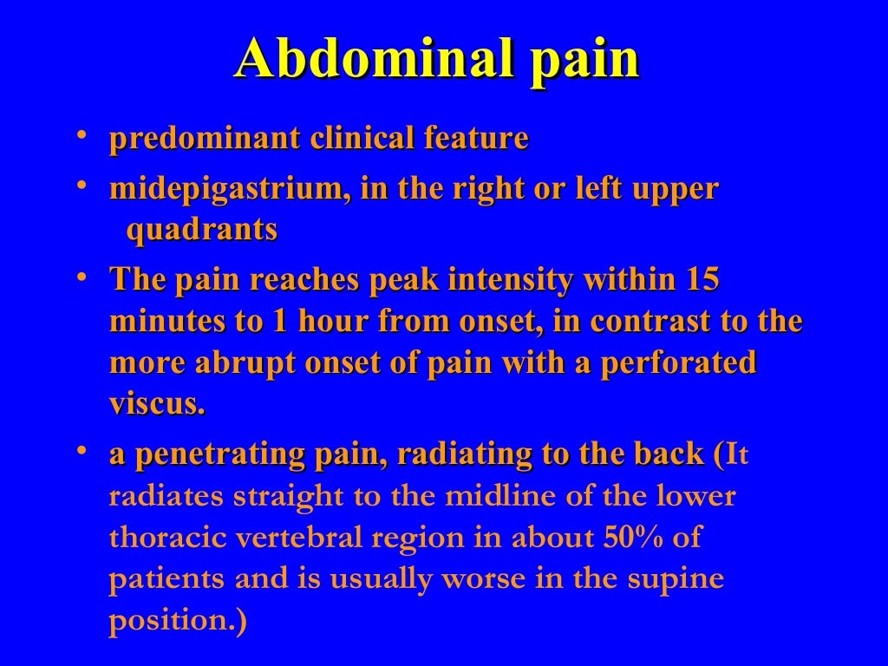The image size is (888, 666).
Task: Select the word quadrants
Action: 202,230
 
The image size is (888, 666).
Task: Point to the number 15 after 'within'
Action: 702,280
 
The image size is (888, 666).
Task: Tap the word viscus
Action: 156,404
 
